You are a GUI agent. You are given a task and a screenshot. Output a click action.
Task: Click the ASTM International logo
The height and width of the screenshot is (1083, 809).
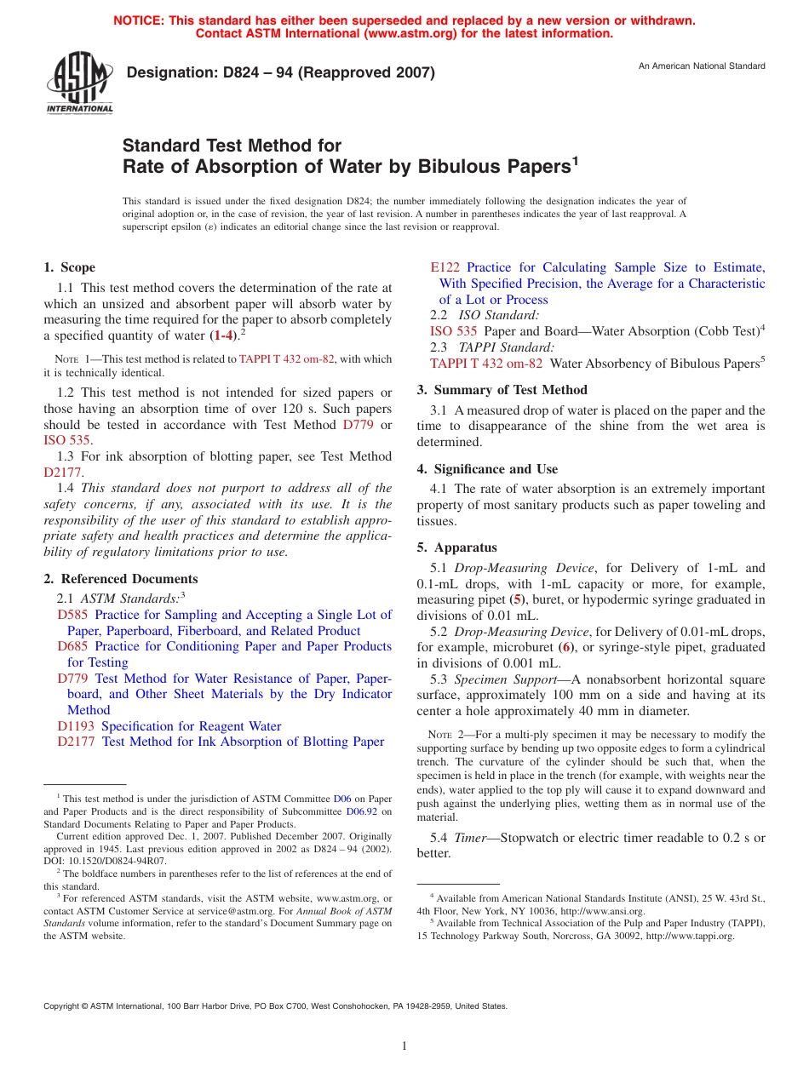[x=79, y=83]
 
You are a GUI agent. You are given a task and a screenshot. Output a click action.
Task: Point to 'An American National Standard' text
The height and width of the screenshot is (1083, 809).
[x=702, y=66]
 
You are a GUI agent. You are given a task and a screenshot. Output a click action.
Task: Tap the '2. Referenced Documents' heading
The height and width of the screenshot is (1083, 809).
[x=120, y=579]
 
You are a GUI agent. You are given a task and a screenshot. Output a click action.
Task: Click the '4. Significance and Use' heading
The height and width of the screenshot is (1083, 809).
[x=487, y=469]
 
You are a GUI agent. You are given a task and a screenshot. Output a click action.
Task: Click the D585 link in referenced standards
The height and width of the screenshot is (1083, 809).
[x=72, y=615]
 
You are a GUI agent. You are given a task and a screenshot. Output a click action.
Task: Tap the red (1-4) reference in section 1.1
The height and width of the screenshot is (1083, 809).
[x=223, y=335]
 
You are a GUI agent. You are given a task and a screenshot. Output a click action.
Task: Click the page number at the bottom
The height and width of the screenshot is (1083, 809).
[x=404, y=1046]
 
